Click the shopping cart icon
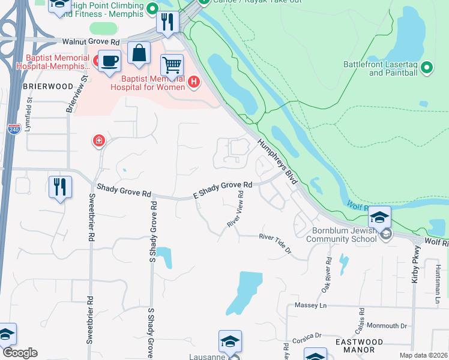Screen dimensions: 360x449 coord(172,65)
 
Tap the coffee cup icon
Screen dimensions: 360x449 coord(109,61)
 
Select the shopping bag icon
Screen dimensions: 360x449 coord(139,53)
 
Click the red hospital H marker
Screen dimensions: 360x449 coord(193,82)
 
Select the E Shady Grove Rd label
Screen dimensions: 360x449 coord(221,190)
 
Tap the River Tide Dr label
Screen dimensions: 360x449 coord(275,243)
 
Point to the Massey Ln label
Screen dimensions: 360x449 coord(310,306)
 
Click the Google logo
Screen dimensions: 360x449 coord(20,353)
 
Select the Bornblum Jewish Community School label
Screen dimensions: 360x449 coord(344,235)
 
